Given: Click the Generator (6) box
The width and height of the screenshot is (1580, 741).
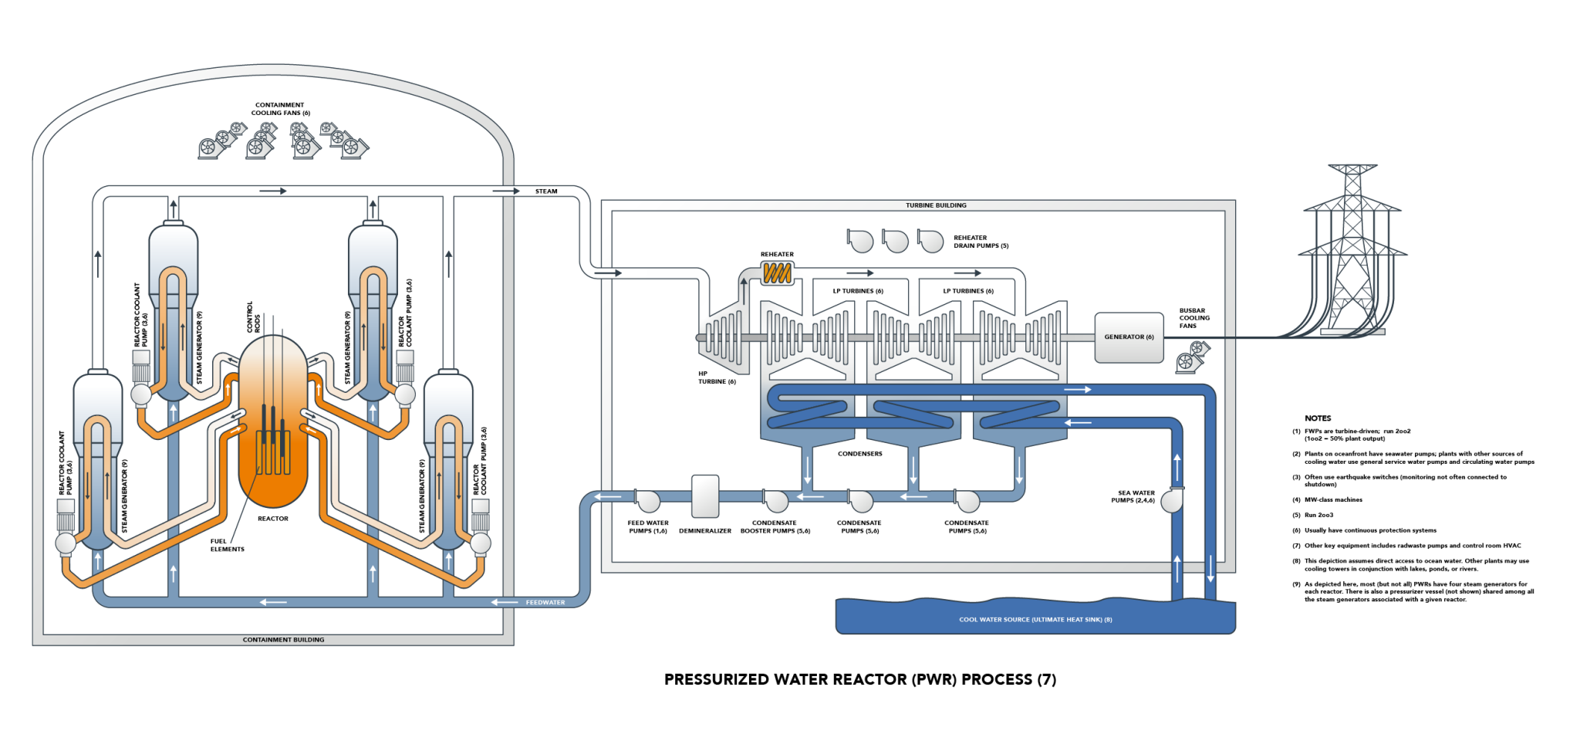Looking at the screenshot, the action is point(1129,337).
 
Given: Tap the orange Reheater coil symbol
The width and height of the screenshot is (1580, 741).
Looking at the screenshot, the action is point(777,272).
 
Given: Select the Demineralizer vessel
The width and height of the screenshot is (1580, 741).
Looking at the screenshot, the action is point(705,496).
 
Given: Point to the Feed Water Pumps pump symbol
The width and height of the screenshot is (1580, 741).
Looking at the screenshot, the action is point(647,501).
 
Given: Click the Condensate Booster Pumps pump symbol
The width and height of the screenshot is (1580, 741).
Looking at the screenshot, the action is point(775,501).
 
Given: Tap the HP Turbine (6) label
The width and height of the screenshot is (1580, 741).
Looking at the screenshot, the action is point(717,377).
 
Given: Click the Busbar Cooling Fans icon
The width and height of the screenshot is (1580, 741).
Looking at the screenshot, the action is point(1193,357).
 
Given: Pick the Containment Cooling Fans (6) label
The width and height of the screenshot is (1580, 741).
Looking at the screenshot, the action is point(280,109).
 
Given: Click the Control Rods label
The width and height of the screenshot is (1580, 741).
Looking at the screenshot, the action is point(253,317).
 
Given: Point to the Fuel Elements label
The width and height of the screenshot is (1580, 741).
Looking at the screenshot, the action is point(227,545).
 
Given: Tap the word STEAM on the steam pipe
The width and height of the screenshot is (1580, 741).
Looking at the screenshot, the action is point(546,191).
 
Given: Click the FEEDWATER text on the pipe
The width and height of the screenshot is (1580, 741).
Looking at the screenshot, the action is point(545,602).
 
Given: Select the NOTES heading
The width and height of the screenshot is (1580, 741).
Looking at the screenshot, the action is point(1318,418).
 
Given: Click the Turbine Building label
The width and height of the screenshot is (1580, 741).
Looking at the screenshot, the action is point(936,205).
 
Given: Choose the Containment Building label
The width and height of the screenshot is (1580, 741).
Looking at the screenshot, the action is point(283,640).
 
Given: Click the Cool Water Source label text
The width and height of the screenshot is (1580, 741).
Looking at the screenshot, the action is point(1035,620).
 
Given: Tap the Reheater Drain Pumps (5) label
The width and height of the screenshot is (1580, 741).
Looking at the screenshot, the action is point(981,242).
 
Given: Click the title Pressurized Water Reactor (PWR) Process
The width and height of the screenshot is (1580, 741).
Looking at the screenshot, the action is point(860,679).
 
